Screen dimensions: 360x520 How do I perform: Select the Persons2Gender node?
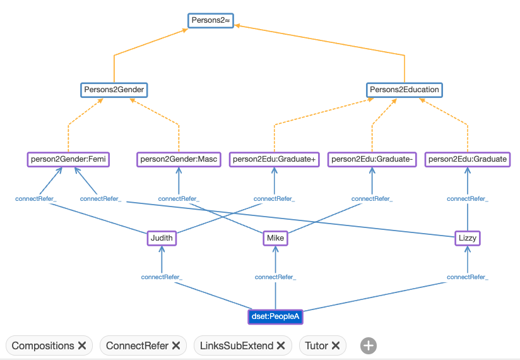(x=114, y=90)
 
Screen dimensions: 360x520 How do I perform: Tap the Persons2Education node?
(x=404, y=90)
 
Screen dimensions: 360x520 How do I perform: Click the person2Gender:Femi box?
(x=68, y=159)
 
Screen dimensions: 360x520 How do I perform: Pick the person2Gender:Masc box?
(x=179, y=159)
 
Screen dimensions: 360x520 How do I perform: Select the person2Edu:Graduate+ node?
(x=274, y=159)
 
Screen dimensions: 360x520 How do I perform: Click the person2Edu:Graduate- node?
(x=372, y=159)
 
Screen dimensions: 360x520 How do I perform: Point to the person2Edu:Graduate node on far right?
(x=467, y=159)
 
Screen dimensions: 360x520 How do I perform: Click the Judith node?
(x=162, y=238)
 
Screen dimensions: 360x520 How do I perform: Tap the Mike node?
(x=275, y=238)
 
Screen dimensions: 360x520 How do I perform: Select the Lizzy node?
(x=468, y=238)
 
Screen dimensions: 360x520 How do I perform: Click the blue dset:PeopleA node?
(x=275, y=316)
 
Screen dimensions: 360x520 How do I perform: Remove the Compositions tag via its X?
(x=82, y=345)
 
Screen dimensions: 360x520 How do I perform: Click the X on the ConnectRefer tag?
(x=176, y=345)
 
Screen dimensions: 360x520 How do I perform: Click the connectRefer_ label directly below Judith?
(x=162, y=277)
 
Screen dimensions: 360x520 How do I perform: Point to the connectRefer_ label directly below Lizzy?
(x=468, y=277)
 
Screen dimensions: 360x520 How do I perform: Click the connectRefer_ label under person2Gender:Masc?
(x=179, y=199)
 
